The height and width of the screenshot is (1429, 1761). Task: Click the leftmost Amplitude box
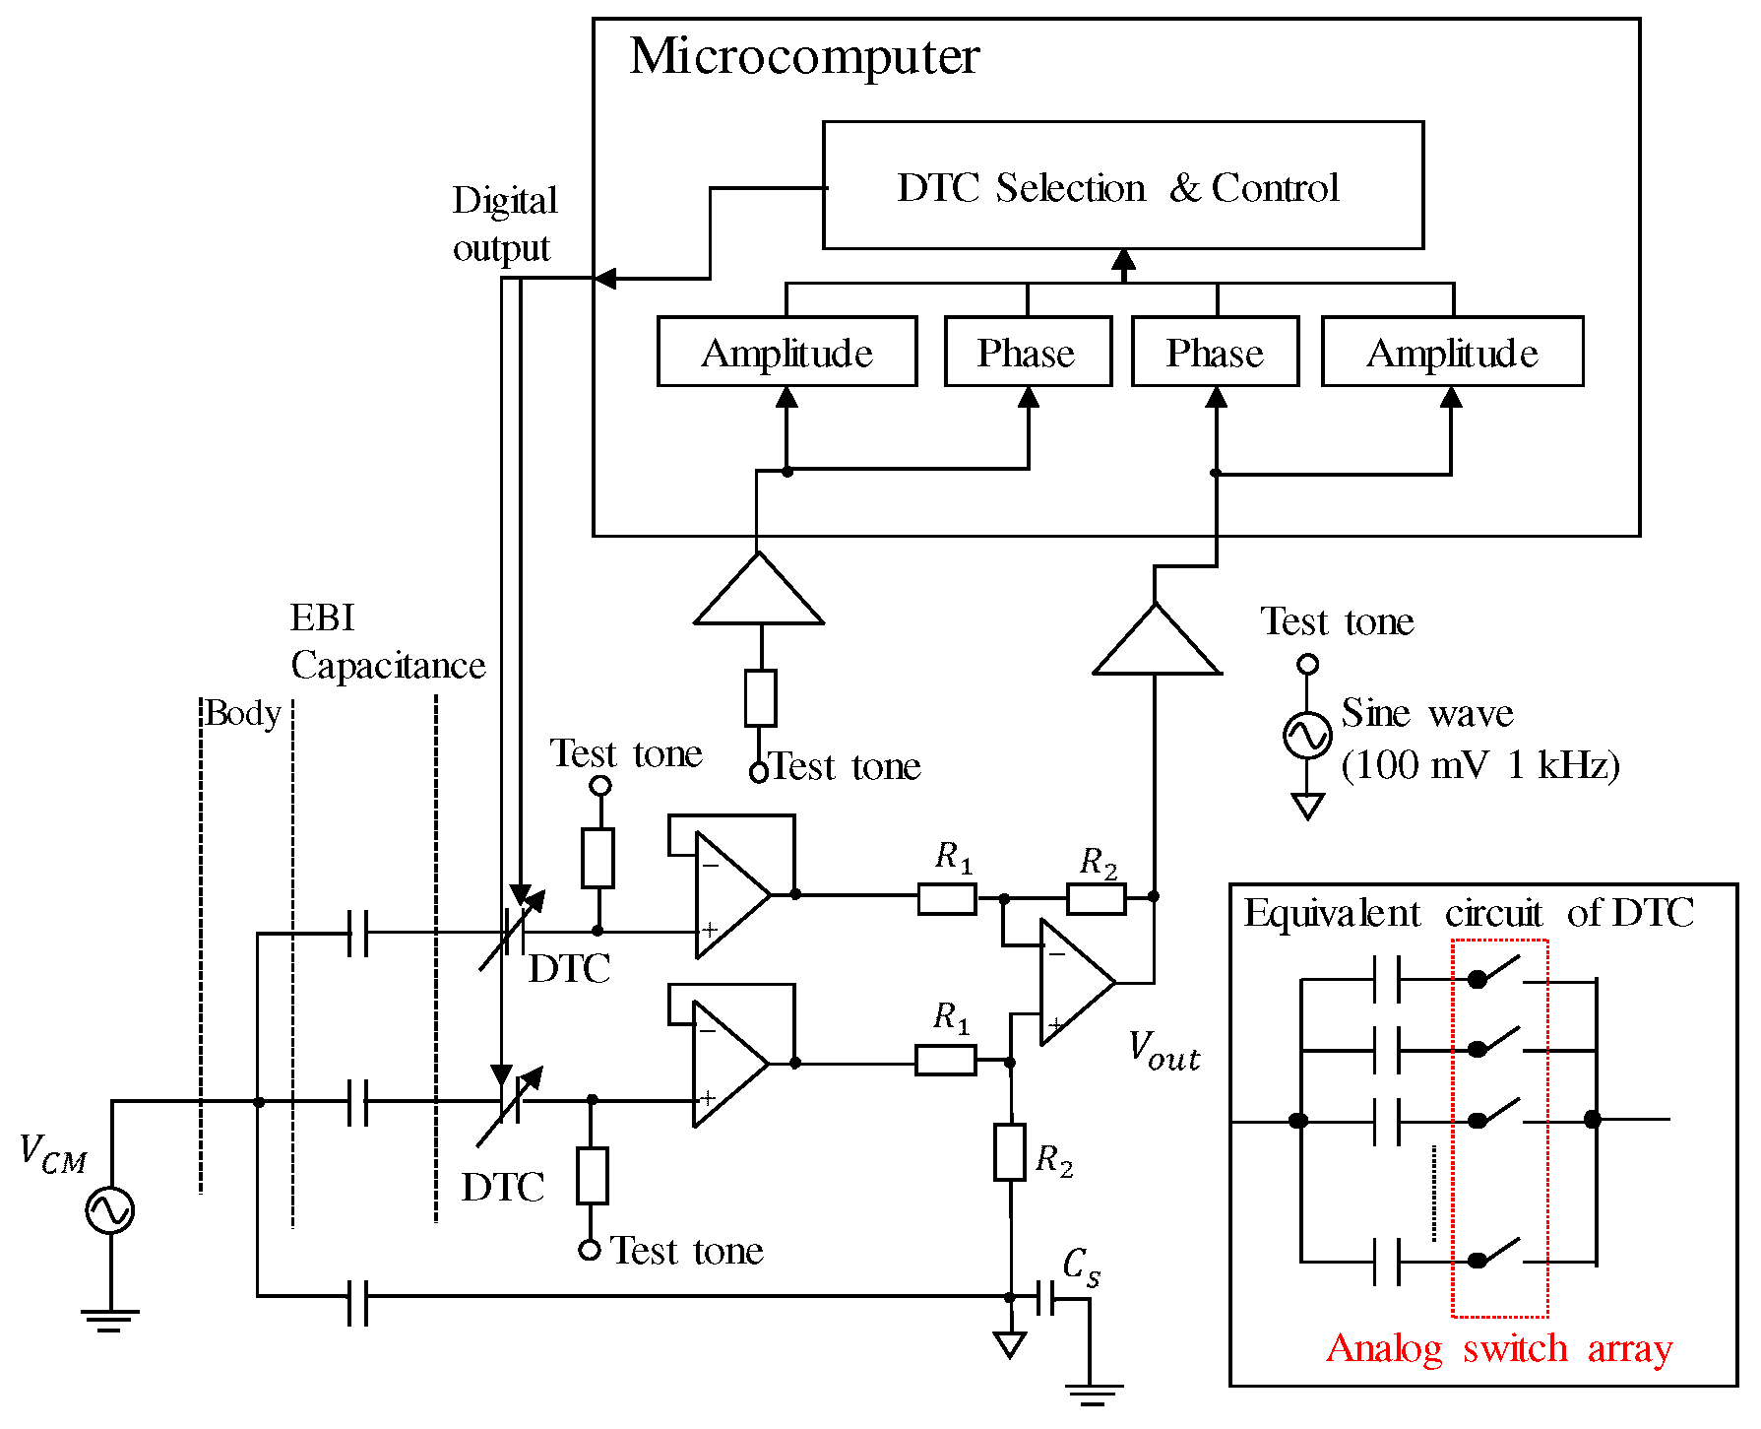click(x=786, y=352)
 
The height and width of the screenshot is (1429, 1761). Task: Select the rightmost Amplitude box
click(x=1452, y=352)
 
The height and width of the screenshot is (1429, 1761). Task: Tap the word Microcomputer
click(x=804, y=56)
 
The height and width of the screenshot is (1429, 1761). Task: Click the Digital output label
click(x=504, y=224)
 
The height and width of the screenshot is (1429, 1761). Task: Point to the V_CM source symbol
click(x=109, y=1210)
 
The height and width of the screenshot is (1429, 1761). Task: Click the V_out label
click(x=1164, y=1051)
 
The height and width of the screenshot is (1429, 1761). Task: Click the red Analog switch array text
click(x=1498, y=1348)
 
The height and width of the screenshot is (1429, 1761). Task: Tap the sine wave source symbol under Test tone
click(x=1307, y=736)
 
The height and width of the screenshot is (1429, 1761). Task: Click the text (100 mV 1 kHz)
click(x=1479, y=765)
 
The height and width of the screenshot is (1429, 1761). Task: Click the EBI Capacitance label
click(x=386, y=642)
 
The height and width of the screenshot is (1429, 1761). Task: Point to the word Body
click(x=243, y=713)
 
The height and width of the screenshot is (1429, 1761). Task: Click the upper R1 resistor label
click(x=953, y=856)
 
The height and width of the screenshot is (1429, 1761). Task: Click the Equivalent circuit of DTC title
click(x=1468, y=913)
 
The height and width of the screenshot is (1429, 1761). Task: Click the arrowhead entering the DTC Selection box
click(x=1123, y=260)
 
